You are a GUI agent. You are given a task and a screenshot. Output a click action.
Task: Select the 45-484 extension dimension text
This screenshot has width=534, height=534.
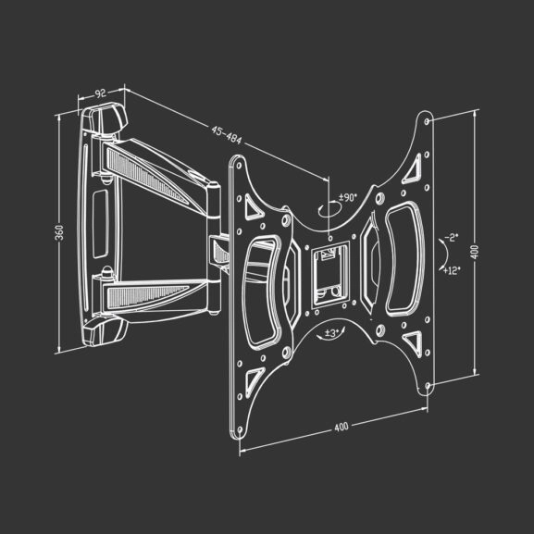(x=226, y=134)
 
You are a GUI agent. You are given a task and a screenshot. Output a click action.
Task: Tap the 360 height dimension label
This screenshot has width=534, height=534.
(x=59, y=233)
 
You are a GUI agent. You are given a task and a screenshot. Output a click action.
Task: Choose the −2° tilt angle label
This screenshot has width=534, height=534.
(x=450, y=238)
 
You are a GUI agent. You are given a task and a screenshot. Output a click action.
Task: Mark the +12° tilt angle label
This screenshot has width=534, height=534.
(x=452, y=270)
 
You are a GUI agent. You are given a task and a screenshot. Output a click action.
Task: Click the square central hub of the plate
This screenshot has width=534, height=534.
(x=327, y=268)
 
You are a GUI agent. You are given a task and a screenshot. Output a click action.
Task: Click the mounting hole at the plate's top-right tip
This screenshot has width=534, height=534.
(x=425, y=120)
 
